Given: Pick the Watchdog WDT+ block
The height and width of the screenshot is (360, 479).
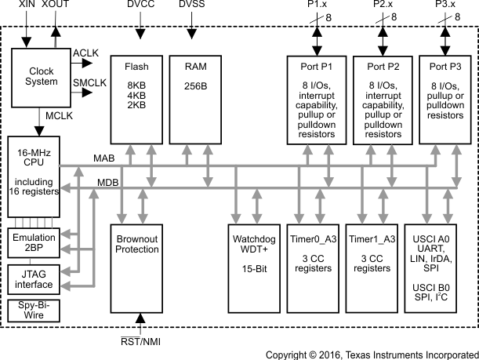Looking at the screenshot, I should pos(249,267).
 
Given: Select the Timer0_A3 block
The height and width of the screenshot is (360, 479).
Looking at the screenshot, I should pos(313,267).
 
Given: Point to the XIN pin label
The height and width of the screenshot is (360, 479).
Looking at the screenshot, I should pos(27,6).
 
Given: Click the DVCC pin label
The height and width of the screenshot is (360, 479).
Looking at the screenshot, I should pos(141,6).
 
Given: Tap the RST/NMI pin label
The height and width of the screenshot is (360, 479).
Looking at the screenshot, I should pos(142,341).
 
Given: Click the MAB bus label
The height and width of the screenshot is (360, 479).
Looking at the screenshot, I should pos(103,159).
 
